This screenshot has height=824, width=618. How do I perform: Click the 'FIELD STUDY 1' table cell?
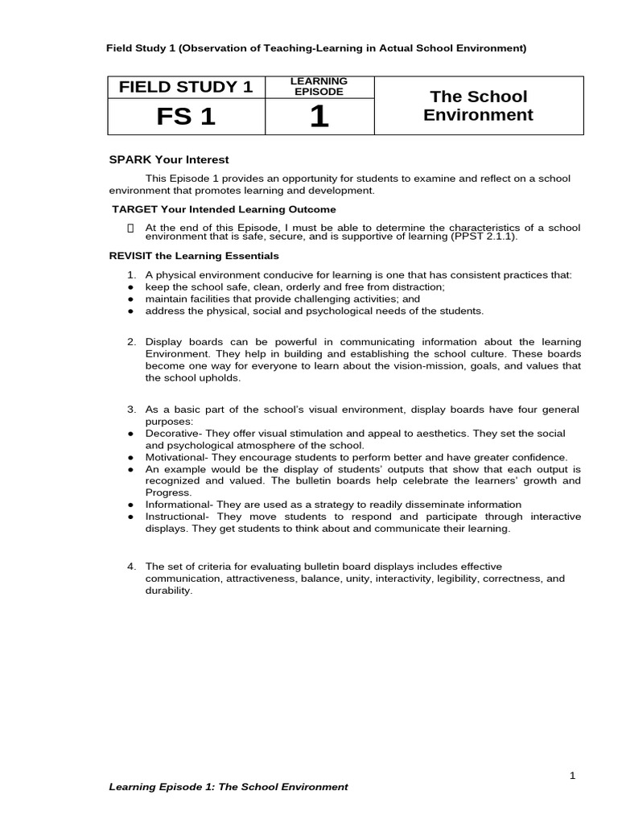(x=186, y=87)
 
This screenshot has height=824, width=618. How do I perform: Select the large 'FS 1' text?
(x=186, y=117)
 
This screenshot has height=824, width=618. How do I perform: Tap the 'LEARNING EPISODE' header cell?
(x=319, y=86)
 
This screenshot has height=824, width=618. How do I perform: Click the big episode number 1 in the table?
(x=319, y=117)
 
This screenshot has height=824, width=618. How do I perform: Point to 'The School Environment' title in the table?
(x=478, y=105)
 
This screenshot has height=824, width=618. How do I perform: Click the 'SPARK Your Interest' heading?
(x=169, y=159)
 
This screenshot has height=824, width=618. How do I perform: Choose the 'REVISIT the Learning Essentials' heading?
(x=194, y=256)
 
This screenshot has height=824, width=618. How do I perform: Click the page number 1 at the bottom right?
(x=572, y=775)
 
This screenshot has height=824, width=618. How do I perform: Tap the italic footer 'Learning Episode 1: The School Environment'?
(x=229, y=787)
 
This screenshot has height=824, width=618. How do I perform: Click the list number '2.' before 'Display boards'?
(x=132, y=342)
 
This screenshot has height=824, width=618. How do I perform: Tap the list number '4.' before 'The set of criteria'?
(x=132, y=566)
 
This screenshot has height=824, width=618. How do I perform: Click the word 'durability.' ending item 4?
(x=169, y=590)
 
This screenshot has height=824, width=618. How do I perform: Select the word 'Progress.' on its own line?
(x=168, y=492)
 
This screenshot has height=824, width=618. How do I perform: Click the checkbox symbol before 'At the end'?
(x=131, y=229)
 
